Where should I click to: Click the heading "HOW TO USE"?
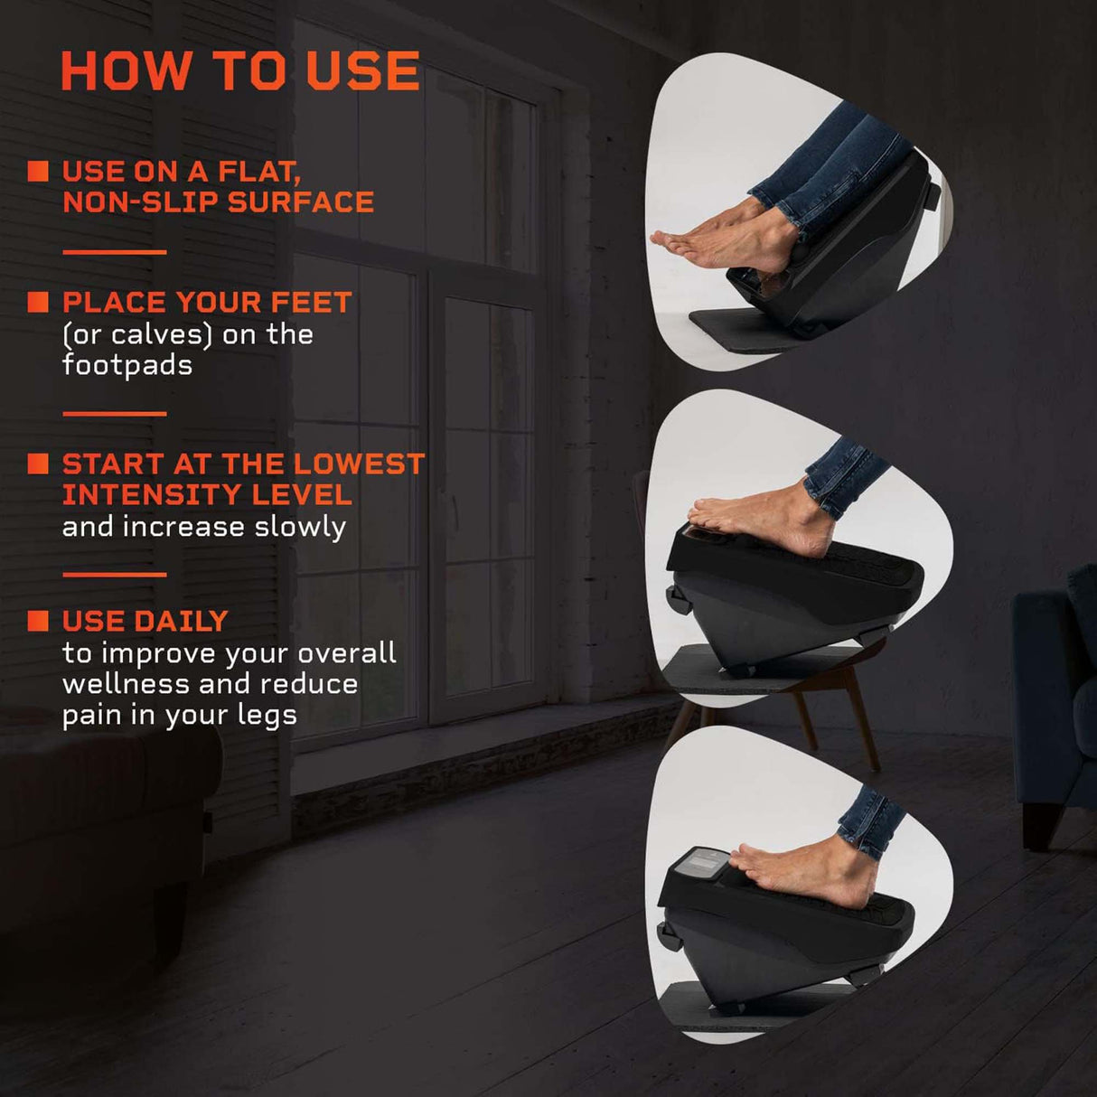coord(240,71)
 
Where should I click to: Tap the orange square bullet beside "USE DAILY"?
coord(38,621)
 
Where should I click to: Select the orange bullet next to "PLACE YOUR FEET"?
coord(38,302)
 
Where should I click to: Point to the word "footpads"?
coord(127,365)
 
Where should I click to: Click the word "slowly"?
coord(300,527)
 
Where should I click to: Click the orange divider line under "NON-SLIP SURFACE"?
coord(114,252)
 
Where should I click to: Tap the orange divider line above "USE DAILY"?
coord(114,574)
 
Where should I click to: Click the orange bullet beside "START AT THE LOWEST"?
coord(38,464)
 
